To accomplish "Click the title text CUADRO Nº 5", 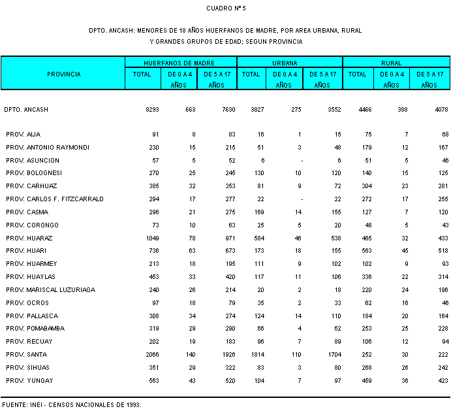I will click(226, 8).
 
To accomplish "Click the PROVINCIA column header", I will click(64, 74).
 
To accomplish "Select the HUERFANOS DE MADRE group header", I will click(180, 63).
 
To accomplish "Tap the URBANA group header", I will click(289, 63).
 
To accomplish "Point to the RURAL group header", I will click(396, 63).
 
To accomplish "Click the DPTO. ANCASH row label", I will click(26, 110).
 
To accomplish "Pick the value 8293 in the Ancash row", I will click(152, 110).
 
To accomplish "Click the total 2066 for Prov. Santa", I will click(152, 354).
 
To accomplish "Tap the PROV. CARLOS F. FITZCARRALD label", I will click(55, 199).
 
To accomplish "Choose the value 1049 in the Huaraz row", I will click(152, 238).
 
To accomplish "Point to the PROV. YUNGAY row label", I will click(29, 380).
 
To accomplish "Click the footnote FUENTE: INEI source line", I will click(71, 404).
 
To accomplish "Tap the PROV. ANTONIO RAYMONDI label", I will click(48, 147).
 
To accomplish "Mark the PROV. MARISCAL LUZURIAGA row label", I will click(50, 289).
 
